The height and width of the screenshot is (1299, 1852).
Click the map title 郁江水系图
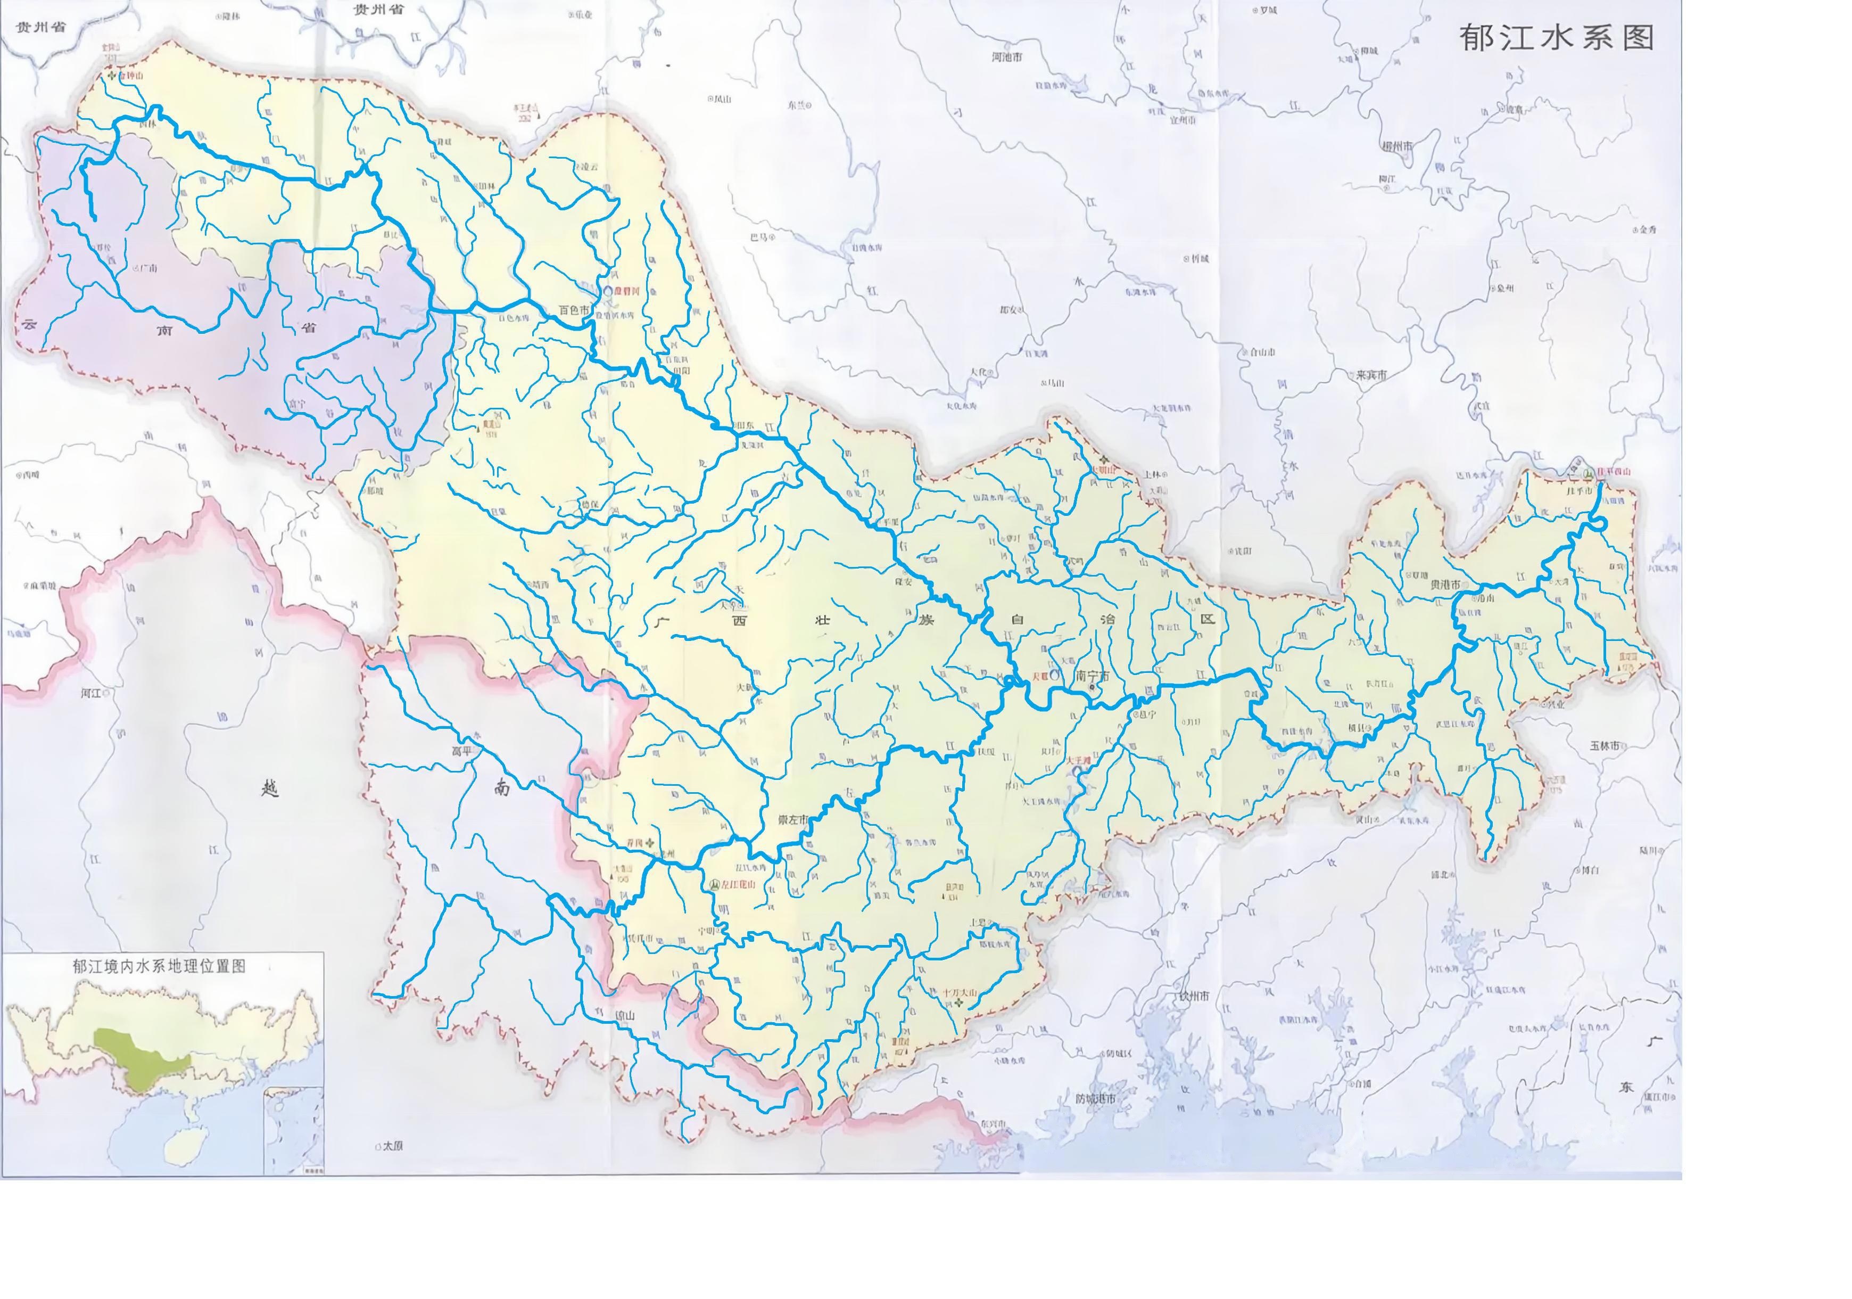pos(1557,38)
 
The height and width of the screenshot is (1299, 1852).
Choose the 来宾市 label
pos(1370,375)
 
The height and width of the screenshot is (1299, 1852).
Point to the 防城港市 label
pos(1095,1099)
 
